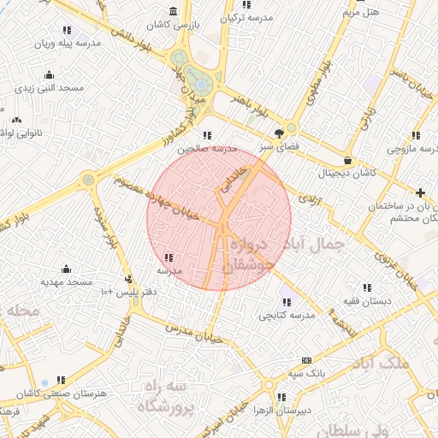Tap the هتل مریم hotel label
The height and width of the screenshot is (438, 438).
[362, 12]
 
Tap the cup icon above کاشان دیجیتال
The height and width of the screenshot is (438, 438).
[346, 160]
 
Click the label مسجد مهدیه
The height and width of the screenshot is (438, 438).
[66, 281]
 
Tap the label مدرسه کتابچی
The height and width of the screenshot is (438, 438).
[287, 315]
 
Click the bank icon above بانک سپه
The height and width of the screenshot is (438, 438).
[305, 361]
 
